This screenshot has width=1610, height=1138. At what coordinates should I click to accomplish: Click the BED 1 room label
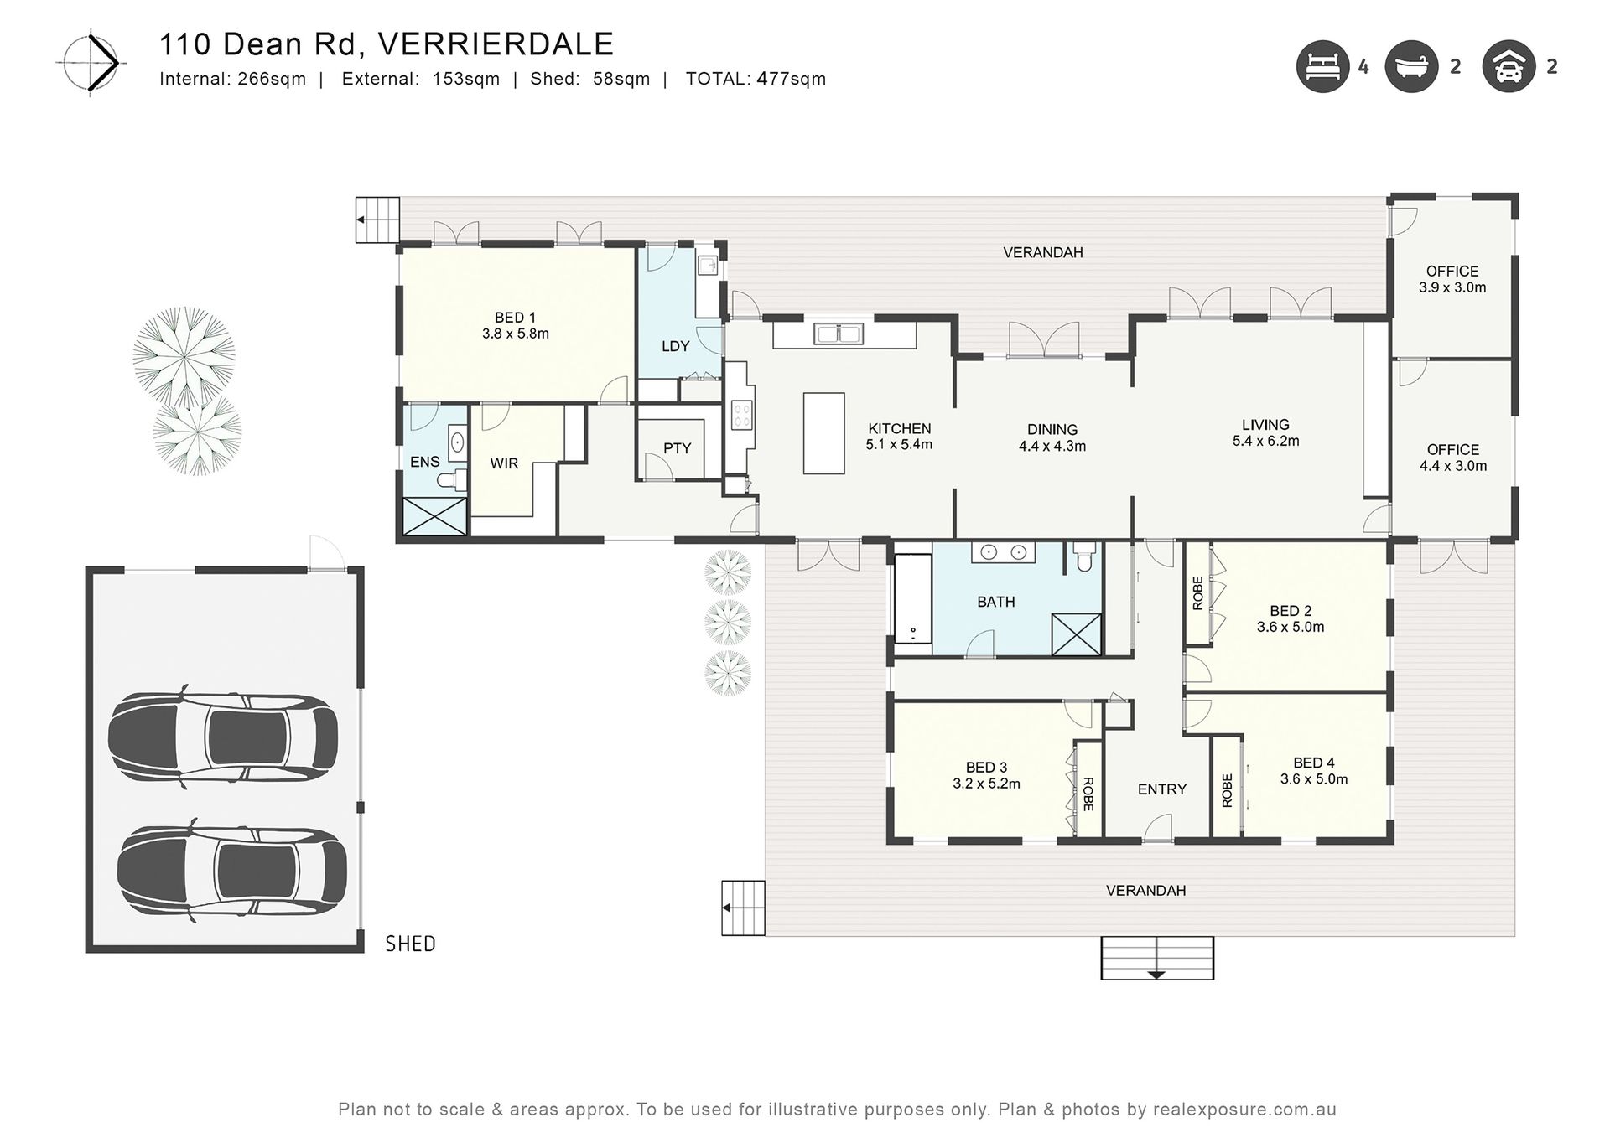tap(515, 318)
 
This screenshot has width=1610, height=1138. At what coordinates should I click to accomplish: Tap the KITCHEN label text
tap(899, 428)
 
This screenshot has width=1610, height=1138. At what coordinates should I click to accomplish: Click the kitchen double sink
tap(839, 334)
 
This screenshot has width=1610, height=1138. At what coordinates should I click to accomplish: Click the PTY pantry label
tap(677, 448)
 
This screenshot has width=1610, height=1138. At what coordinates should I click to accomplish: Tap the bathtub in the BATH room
tap(913, 598)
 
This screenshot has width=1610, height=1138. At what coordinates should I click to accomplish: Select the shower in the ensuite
tap(434, 515)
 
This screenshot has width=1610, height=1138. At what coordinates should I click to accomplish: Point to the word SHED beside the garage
tap(410, 944)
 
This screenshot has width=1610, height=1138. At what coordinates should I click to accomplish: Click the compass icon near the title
tap(91, 63)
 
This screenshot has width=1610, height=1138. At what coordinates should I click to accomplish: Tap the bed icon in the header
tap(1322, 67)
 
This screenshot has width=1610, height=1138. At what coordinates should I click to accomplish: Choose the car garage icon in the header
tap(1509, 67)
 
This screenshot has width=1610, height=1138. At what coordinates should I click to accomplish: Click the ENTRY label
tap(1162, 789)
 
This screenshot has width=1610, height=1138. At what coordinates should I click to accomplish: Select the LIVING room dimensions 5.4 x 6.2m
tap(1265, 441)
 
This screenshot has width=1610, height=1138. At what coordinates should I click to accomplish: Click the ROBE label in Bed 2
tap(1197, 593)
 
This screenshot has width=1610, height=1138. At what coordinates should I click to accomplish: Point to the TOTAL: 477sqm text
tap(756, 79)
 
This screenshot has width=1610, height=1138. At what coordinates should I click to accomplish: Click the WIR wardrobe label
tap(504, 463)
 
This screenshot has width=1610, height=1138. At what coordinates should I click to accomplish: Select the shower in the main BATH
tap(1076, 634)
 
